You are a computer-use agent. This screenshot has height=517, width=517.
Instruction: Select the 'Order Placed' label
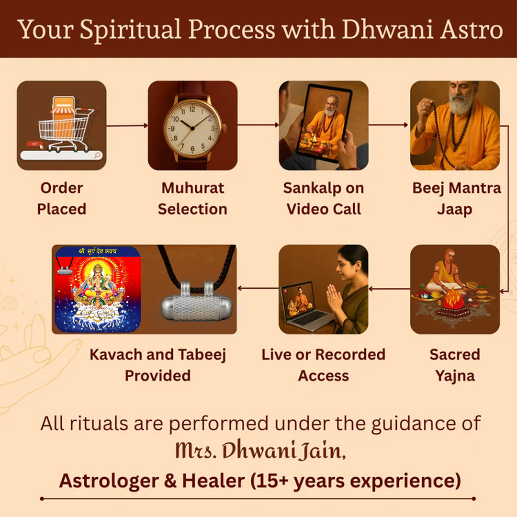click(62, 199)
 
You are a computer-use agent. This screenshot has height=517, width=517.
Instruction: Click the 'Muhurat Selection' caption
click(192, 199)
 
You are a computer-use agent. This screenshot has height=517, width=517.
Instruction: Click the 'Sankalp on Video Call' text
click(324, 199)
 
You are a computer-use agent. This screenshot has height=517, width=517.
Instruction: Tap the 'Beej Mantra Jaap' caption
click(456, 199)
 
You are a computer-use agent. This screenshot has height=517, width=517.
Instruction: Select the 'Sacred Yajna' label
click(455, 365)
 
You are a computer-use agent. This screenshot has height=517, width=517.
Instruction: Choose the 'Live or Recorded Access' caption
click(323, 365)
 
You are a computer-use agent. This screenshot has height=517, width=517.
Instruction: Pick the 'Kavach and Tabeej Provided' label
click(157, 365)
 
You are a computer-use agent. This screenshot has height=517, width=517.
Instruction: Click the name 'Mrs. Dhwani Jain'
click(260, 450)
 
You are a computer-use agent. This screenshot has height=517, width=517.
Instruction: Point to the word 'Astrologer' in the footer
click(109, 481)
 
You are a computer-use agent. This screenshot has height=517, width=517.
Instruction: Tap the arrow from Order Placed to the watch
click(127, 125)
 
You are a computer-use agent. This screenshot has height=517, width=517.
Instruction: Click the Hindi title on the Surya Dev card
click(98, 251)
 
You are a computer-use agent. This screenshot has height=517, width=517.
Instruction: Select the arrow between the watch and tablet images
click(258, 125)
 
